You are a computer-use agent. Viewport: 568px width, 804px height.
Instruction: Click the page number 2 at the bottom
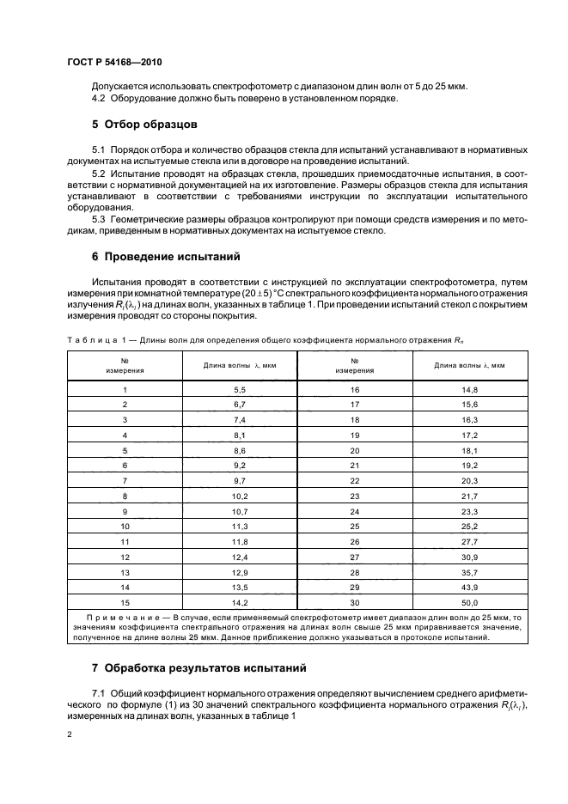[70, 735]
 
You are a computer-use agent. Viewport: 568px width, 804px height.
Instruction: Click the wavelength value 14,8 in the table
[469, 389]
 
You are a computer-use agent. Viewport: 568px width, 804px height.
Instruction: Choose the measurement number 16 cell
[354, 389]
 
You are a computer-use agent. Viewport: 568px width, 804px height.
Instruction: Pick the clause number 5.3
[98, 219]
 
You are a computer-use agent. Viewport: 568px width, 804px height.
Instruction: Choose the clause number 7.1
[98, 691]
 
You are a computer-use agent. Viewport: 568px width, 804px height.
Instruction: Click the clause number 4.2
[98, 100]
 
